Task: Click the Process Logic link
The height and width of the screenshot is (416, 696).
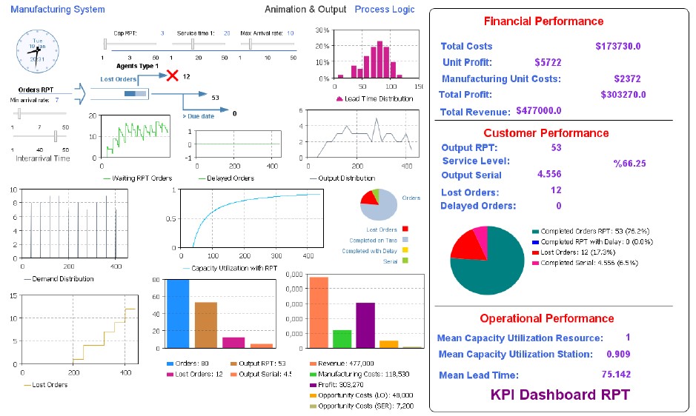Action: click(x=385, y=10)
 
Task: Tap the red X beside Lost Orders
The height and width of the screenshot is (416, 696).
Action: click(x=172, y=76)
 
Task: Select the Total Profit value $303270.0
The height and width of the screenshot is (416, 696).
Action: click(x=623, y=95)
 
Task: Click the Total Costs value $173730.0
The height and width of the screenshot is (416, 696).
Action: click(x=617, y=47)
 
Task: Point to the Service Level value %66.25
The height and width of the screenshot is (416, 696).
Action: click(x=629, y=164)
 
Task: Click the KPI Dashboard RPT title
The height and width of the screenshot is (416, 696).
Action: click(x=560, y=395)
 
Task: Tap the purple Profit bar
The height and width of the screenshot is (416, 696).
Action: click(x=365, y=326)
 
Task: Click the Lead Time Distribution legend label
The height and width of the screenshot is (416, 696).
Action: click(x=379, y=98)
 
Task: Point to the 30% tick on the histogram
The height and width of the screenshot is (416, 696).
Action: click(x=322, y=30)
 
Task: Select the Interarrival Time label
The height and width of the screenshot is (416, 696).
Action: click(x=42, y=158)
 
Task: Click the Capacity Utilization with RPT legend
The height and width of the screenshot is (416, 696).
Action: click(x=230, y=268)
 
